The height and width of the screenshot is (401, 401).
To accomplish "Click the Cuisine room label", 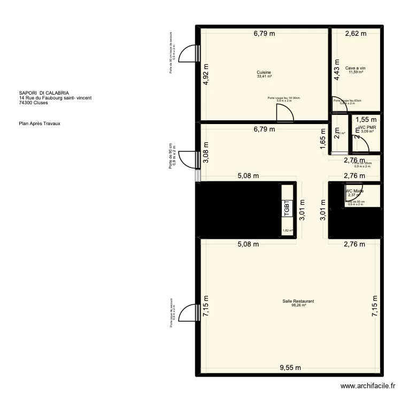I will (x=264, y=72).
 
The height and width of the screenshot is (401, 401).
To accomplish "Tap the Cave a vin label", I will (x=355, y=68).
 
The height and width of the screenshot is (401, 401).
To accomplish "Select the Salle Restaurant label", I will (x=298, y=302).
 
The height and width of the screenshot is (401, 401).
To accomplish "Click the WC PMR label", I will (x=367, y=127).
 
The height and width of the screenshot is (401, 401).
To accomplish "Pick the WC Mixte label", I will (x=354, y=191).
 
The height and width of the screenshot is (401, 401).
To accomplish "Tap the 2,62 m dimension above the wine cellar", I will (x=356, y=34).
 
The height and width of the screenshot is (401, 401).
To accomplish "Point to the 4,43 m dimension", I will (x=337, y=70).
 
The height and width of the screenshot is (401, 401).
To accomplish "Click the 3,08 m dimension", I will (x=206, y=152).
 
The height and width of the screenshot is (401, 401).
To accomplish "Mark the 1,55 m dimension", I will (x=366, y=120).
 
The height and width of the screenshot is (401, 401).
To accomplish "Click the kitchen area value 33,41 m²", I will (x=264, y=76).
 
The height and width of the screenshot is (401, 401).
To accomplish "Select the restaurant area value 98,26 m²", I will (x=298, y=306).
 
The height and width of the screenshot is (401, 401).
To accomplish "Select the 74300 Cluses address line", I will (x=33, y=103).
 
